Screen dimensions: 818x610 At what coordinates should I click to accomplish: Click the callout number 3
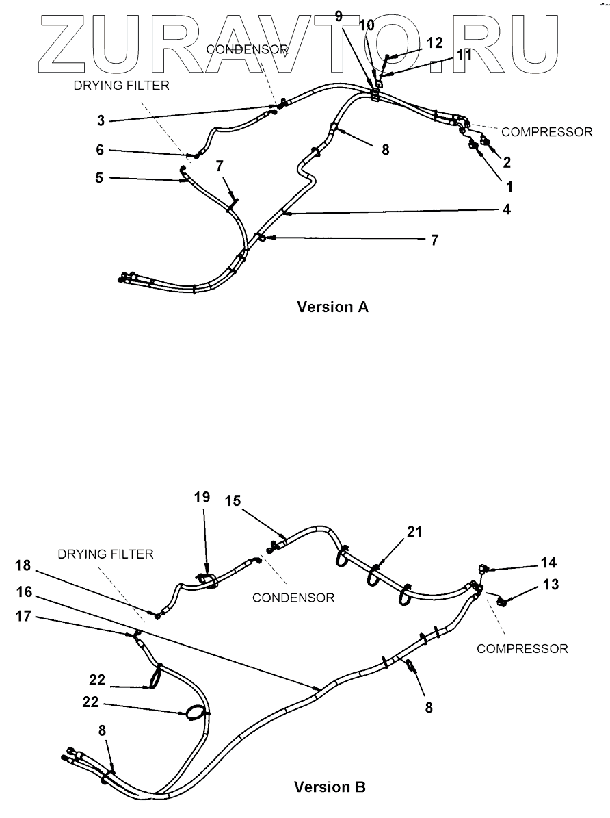[x=100, y=120]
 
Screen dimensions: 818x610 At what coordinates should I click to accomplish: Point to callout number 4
[x=507, y=209]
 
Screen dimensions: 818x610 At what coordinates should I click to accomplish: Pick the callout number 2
[x=507, y=162]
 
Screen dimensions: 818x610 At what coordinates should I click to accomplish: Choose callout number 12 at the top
[x=436, y=42]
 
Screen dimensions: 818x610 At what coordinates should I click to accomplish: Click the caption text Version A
[x=332, y=307]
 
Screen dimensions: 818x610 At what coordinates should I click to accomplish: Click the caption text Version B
[x=330, y=787]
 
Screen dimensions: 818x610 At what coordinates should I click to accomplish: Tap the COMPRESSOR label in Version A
[x=547, y=131]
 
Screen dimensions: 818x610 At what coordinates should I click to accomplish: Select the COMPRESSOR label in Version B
[x=522, y=648]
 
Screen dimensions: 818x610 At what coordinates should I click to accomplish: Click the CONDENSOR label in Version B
[x=293, y=598]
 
